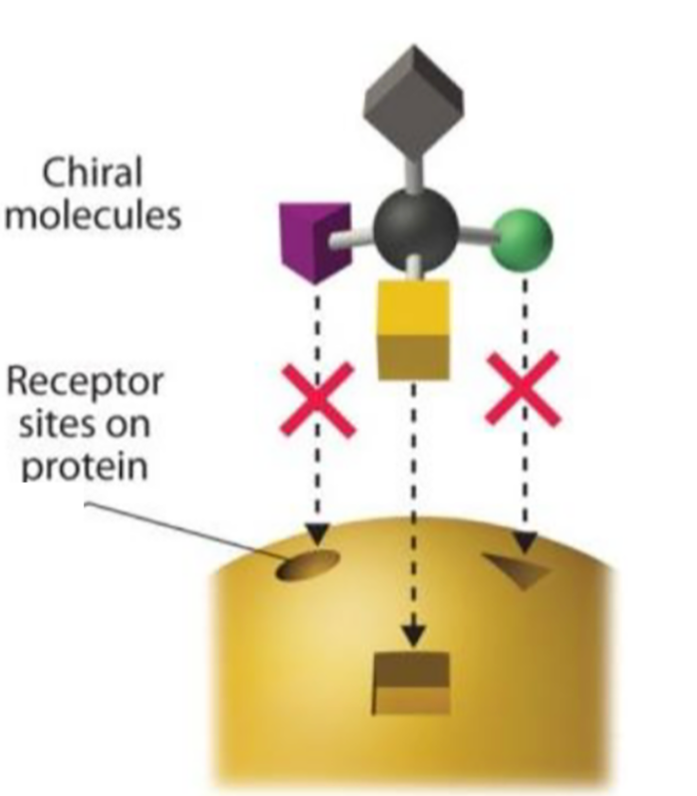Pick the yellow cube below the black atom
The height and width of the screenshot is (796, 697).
coord(413,328)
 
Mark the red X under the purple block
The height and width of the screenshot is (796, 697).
coord(318,400)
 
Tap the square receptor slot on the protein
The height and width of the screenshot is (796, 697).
coord(411,683)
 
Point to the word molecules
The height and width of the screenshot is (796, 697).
coord(95,215)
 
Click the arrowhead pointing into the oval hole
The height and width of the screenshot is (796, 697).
coord(318,535)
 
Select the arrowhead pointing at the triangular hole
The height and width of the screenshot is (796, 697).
coord(524,541)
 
